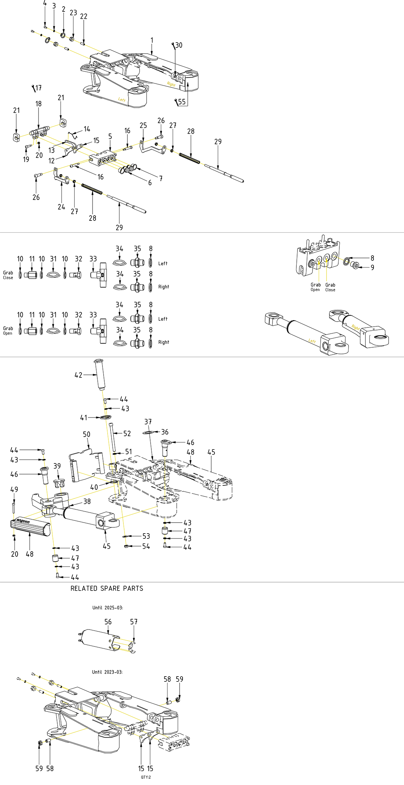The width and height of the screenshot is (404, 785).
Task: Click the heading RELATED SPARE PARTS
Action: (x=107, y=588)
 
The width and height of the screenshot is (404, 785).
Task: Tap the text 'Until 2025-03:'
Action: (x=108, y=607)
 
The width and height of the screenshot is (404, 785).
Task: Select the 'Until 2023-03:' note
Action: (x=107, y=672)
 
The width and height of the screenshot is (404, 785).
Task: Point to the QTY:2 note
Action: (x=146, y=777)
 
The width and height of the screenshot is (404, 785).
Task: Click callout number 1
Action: (x=152, y=40)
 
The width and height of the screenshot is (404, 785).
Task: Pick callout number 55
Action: (x=182, y=102)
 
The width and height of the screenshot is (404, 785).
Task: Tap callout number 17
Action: (x=38, y=87)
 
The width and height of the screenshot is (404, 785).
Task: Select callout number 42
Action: (x=78, y=375)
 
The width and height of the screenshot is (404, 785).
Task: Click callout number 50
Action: (x=87, y=434)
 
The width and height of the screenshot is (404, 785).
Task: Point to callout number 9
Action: (x=372, y=267)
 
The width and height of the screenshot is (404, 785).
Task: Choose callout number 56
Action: (x=108, y=621)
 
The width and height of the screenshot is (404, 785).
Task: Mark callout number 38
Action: (x=87, y=501)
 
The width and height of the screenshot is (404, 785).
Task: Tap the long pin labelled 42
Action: (x=100, y=374)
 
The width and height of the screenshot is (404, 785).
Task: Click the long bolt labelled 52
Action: (x=112, y=437)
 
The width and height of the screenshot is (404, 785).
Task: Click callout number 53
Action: (x=146, y=536)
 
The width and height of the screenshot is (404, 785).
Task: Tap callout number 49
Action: (x=14, y=489)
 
